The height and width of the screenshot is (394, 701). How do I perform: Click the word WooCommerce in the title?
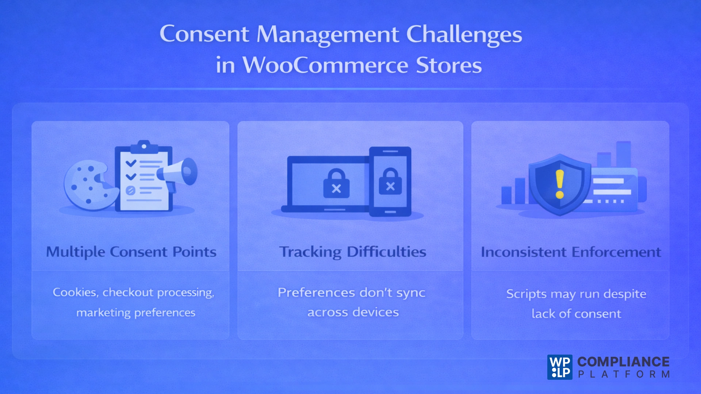(x=325, y=66)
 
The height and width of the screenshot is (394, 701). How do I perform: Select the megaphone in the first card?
(x=179, y=172)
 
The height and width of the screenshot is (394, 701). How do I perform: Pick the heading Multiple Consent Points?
(x=131, y=252)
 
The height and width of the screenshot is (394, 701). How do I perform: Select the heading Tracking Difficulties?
(x=353, y=252)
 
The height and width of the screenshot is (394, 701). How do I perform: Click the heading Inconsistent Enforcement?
(x=571, y=252)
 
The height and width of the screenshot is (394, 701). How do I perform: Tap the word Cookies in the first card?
(x=75, y=292)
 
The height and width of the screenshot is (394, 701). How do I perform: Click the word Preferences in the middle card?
(x=316, y=293)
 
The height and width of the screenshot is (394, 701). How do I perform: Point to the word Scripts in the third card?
(x=526, y=294)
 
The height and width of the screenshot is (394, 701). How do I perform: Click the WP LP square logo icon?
(x=560, y=367)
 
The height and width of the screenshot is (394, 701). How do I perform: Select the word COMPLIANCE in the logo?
(x=623, y=362)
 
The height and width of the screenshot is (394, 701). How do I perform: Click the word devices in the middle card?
(x=376, y=312)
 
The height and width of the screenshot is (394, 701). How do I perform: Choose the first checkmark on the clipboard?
(x=131, y=163)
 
